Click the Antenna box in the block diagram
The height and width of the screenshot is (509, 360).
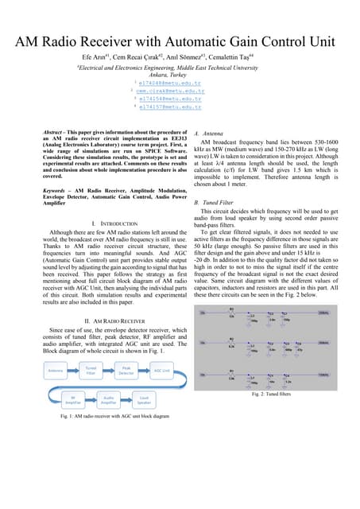56,371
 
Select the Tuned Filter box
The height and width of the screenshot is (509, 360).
93,370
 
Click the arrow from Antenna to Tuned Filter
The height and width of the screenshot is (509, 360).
75,371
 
